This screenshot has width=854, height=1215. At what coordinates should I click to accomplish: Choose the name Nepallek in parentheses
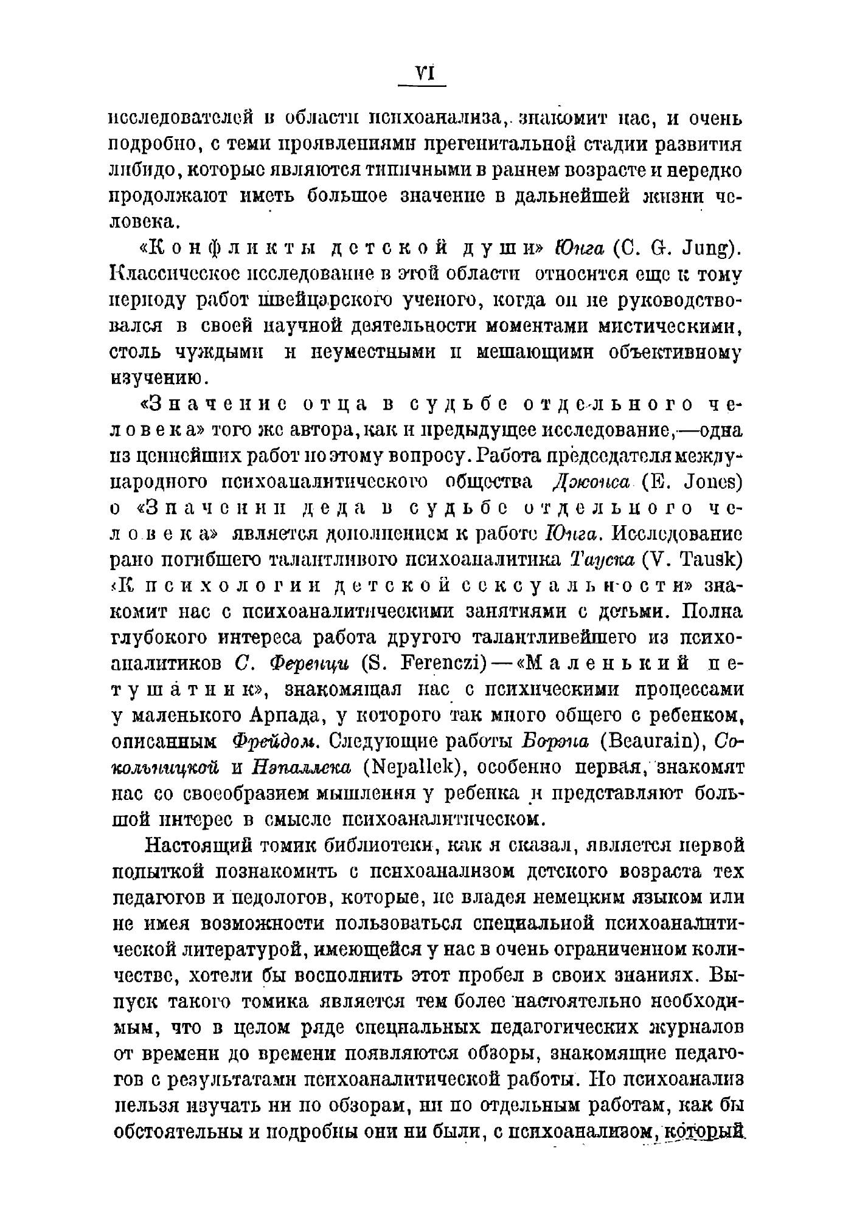[x=411, y=768]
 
